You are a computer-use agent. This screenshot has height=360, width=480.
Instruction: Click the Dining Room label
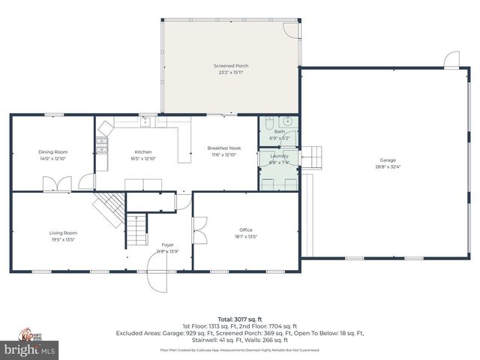(52, 151)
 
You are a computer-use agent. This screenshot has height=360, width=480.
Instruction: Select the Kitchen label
(142, 151)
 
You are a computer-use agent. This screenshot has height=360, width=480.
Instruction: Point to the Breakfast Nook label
(223, 148)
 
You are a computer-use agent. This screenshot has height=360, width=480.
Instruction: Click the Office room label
(246, 229)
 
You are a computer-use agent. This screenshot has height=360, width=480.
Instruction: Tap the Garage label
(387, 160)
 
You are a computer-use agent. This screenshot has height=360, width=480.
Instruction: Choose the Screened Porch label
(230, 66)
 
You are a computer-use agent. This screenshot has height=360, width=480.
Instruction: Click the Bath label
(279, 132)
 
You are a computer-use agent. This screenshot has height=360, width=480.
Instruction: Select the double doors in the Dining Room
(57, 183)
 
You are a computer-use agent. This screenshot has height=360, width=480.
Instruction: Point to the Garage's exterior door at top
(451, 59)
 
